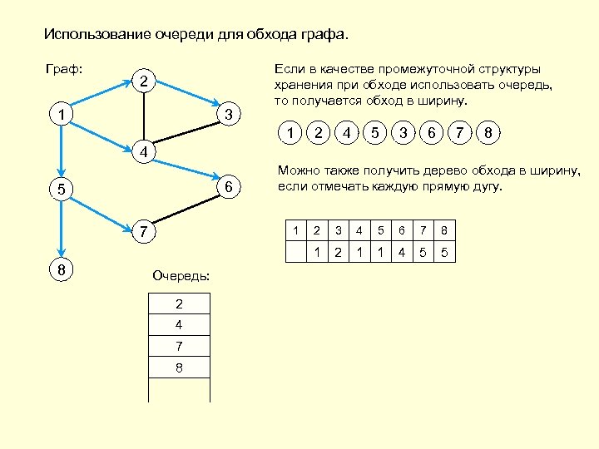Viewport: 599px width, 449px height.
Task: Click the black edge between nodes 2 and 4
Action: pos(144,116)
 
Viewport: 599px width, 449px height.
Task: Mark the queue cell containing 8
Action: pos(179,367)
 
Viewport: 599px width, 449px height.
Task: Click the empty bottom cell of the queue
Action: pos(179,389)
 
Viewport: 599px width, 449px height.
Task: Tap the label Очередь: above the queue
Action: pos(181,275)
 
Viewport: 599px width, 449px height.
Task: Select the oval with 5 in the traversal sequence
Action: pos(375,132)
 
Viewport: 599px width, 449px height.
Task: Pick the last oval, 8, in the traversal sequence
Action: pos(488,132)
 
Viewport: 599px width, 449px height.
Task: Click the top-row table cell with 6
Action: pos(402,229)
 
